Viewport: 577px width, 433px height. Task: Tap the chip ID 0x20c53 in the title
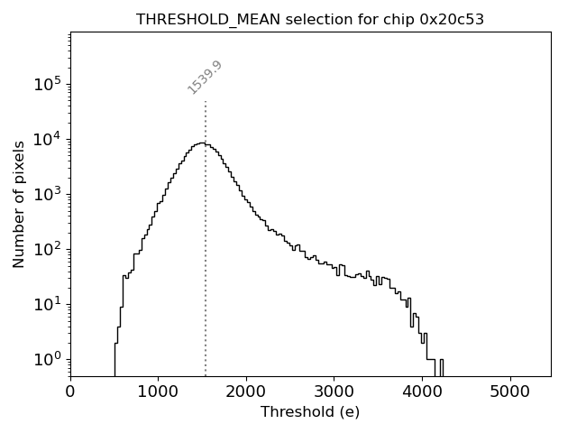[x=452, y=19]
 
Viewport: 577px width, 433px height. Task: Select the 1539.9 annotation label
[x=205, y=77]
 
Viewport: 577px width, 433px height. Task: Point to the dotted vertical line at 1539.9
[x=206, y=271]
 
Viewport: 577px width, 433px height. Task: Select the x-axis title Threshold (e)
[x=310, y=412]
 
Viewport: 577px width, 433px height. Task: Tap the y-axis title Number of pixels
[x=19, y=205]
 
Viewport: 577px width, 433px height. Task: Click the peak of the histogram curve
[x=201, y=143]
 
